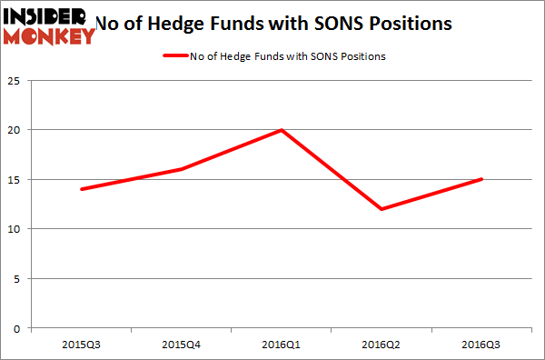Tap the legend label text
[x=289, y=56]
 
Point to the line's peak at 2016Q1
[x=282, y=130]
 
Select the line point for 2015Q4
[x=181, y=169]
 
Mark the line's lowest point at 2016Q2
[x=382, y=209]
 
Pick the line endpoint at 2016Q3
[x=482, y=179]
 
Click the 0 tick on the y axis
[x=19, y=328]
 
